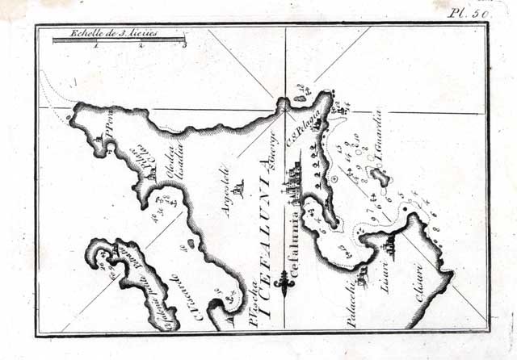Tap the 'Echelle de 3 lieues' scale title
124,35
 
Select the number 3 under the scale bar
185,47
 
